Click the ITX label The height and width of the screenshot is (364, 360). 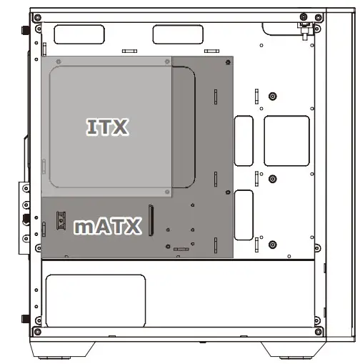click(x=107, y=127)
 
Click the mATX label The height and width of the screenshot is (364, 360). click(x=107, y=227)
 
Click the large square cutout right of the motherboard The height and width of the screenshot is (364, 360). click(x=286, y=141)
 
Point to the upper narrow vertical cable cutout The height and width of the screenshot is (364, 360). click(x=244, y=137)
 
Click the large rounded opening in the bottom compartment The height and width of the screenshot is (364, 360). click(x=95, y=298)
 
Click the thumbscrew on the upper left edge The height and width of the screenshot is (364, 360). click(x=27, y=31)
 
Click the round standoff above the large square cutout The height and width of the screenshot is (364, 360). click(x=271, y=97)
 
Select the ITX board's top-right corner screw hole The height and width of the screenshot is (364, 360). click(x=168, y=60)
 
